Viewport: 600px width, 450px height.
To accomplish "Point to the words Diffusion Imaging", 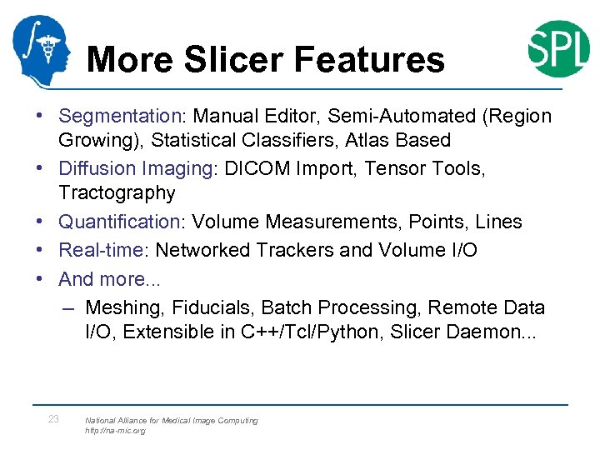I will (136, 168).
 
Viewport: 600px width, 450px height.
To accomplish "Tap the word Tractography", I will (117, 193).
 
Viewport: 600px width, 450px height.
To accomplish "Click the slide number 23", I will (53, 419).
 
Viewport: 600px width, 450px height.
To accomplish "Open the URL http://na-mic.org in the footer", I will (115, 431).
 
